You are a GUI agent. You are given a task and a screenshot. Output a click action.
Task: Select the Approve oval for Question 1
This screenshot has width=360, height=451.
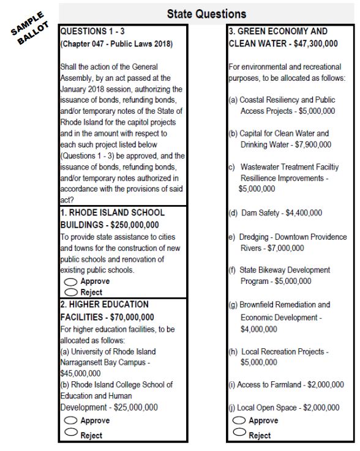pos(70,282)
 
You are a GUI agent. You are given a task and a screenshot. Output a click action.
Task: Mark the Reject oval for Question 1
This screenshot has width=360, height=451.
pos(70,293)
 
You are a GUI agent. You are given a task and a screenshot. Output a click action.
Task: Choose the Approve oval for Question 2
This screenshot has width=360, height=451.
pos(70,421)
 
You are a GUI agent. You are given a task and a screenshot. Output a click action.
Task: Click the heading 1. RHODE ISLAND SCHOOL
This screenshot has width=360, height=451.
pos(112,213)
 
